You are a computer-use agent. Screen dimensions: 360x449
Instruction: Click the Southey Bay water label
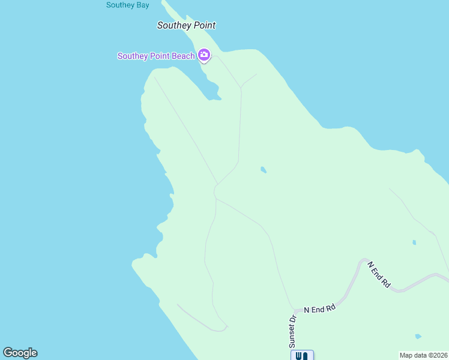point(127,5)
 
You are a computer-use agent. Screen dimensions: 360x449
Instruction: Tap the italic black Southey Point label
point(186,25)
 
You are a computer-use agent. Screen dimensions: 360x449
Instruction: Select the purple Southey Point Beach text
point(156,56)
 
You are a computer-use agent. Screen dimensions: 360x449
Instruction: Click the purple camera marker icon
point(204,56)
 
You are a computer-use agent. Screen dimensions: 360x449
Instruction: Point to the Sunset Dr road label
point(293,331)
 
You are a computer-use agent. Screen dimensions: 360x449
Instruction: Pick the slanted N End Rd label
point(379,275)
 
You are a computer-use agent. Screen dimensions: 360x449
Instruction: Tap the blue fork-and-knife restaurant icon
point(302,355)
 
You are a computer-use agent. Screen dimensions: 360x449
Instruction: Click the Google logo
point(20,353)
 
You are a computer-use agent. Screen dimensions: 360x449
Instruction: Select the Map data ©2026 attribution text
point(423,355)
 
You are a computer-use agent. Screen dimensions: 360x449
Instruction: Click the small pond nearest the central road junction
point(263,170)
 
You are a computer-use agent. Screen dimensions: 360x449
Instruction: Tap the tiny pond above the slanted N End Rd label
point(414,242)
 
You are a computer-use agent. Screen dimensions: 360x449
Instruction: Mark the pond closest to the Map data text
point(418,337)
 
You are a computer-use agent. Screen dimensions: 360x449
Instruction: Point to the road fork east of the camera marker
point(241,88)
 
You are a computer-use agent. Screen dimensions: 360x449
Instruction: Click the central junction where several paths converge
point(215,191)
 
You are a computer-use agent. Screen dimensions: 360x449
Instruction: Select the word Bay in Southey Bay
point(142,5)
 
